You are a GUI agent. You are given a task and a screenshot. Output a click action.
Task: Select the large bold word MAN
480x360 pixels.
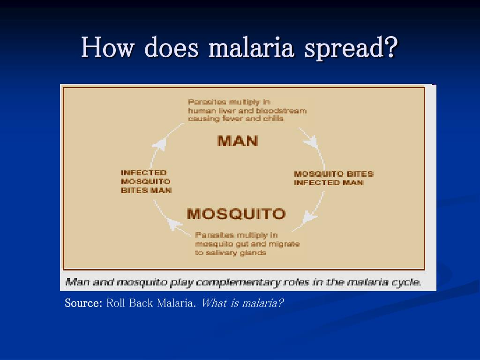click(x=238, y=141)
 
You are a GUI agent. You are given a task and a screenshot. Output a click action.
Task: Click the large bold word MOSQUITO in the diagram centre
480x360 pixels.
click(x=236, y=214)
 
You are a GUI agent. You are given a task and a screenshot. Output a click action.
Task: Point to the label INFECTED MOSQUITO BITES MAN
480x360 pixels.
click(x=146, y=181)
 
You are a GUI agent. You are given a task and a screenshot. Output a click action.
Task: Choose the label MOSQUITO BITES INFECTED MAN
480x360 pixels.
click(x=333, y=178)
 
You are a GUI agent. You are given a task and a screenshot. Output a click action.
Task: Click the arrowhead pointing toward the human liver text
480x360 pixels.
click(x=160, y=142)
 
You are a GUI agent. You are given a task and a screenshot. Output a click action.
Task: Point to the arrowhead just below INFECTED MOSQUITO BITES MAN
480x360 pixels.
click(x=175, y=225)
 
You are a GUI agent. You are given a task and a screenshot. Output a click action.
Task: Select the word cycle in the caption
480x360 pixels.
click(x=408, y=282)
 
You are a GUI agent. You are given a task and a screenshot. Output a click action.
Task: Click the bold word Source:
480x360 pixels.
click(x=83, y=303)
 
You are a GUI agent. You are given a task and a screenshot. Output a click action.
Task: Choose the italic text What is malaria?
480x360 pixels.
click(x=242, y=303)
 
